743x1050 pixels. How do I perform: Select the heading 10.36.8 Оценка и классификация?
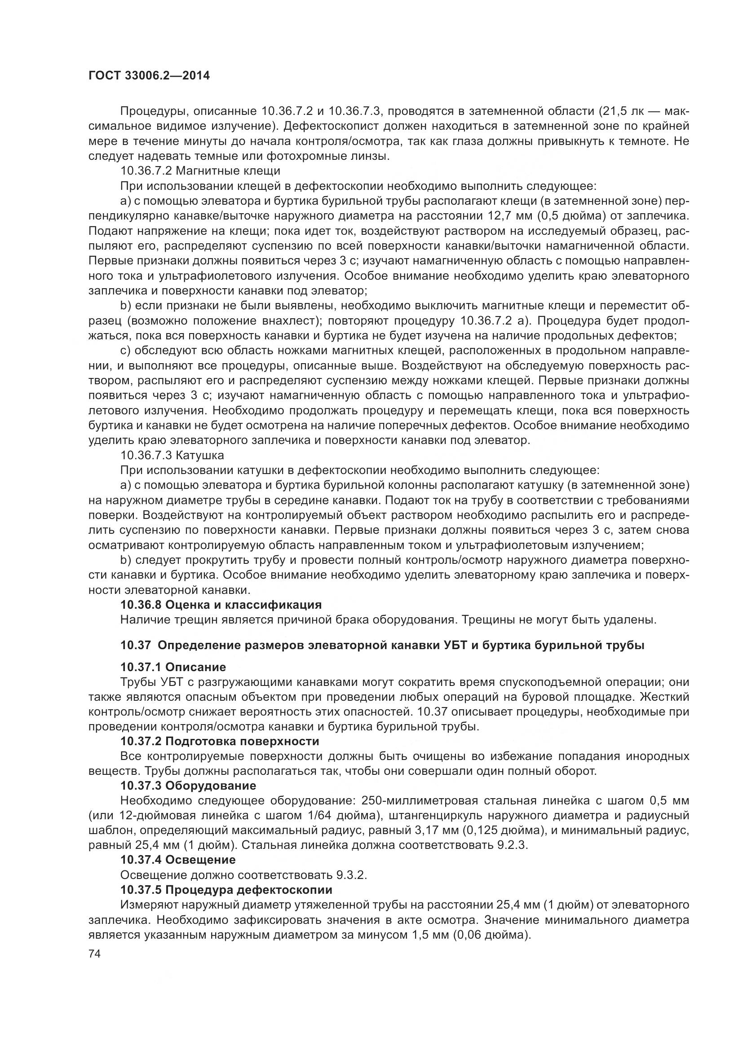coord(221,605)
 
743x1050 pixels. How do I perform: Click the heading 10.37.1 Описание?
coord(173,667)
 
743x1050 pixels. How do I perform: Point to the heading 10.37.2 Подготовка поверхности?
coord(220,741)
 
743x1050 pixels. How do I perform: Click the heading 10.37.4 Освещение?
coord(178,860)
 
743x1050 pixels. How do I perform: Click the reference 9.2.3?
coord(512,845)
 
